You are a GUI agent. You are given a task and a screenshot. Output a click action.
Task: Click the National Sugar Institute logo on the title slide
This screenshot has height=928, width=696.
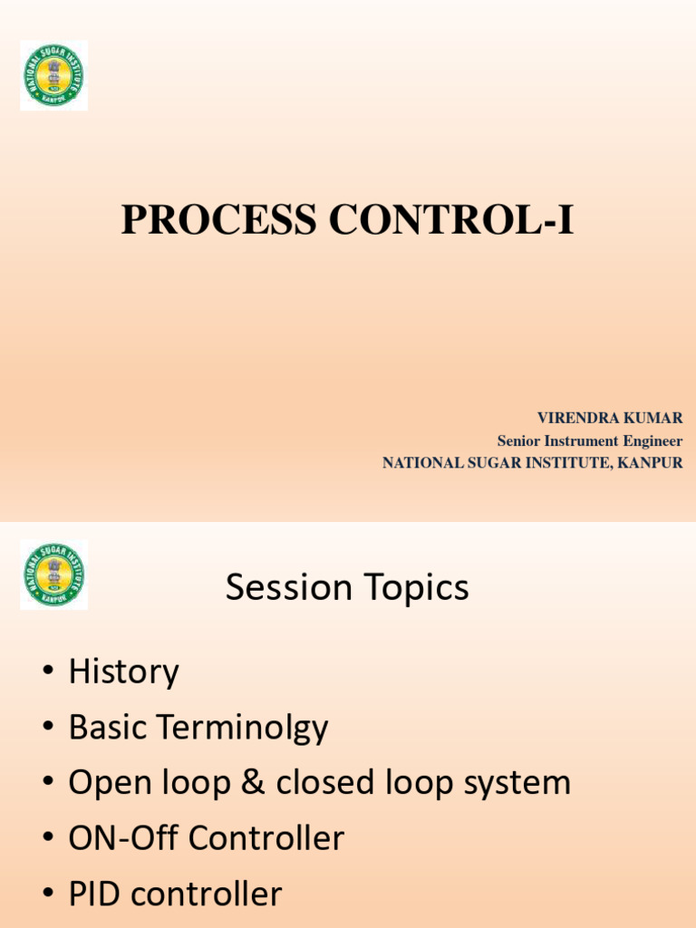(x=54, y=75)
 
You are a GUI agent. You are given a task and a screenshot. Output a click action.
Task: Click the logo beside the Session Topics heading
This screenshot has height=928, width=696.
(x=54, y=575)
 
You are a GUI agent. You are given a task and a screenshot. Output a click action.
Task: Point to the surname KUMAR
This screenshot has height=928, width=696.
(x=656, y=418)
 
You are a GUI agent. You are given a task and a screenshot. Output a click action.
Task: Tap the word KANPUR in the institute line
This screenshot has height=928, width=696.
(x=651, y=463)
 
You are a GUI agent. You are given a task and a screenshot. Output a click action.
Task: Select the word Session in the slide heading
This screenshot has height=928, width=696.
(x=288, y=588)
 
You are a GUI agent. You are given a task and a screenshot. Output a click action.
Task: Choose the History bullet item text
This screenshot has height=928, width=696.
(x=124, y=672)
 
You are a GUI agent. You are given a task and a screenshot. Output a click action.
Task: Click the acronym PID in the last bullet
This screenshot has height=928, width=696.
(x=96, y=894)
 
